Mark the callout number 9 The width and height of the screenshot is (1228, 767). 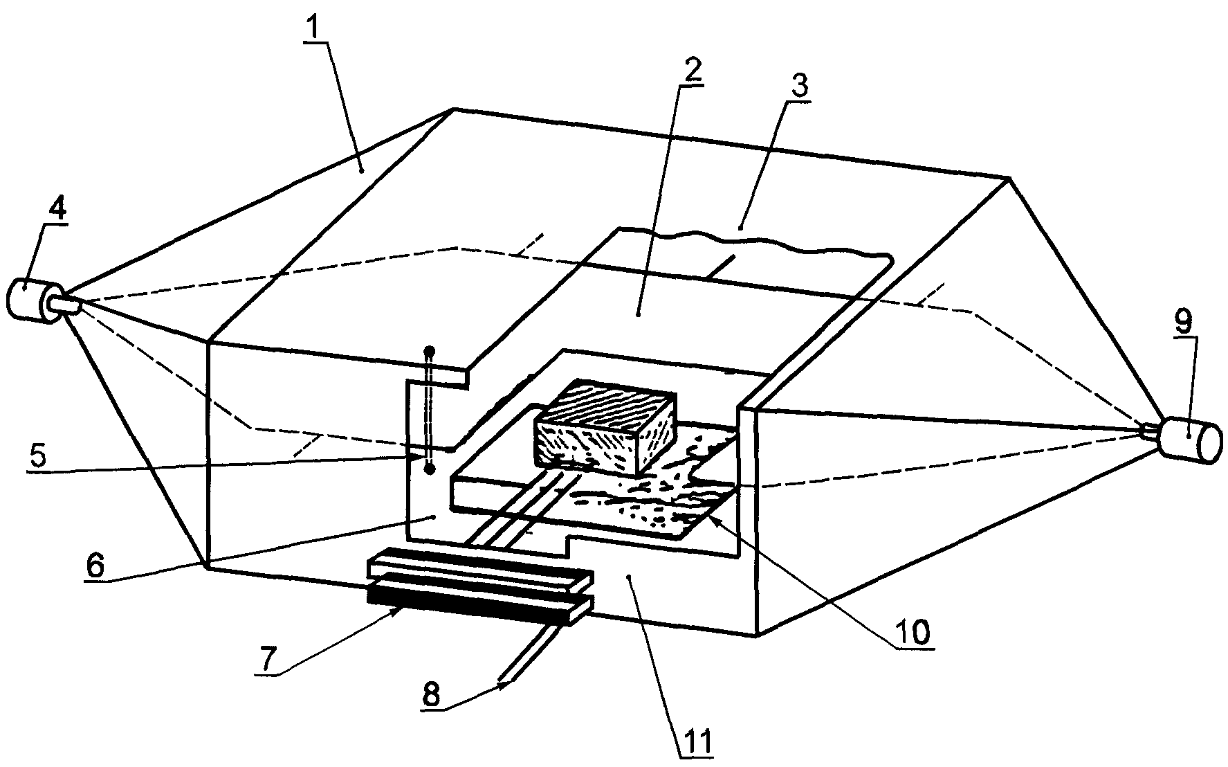pyautogui.click(x=1182, y=321)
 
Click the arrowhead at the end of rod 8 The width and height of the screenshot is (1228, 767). pyautogui.click(x=505, y=684)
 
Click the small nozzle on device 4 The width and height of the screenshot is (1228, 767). pyautogui.click(x=66, y=304)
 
